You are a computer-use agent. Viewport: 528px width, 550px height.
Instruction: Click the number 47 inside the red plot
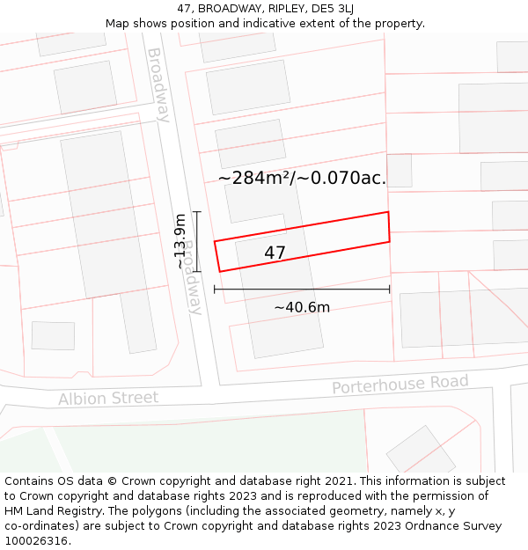click(x=275, y=253)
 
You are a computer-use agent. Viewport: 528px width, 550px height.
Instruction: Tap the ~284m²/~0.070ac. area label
click(x=302, y=179)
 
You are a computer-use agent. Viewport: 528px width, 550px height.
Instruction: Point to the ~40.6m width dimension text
click(x=302, y=307)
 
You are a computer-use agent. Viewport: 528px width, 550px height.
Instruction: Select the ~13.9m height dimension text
click(x=180, y=241)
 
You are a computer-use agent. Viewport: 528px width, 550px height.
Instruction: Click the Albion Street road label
click(x=108, y=399)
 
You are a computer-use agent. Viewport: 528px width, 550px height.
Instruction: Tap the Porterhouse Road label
click(x=400, y=385)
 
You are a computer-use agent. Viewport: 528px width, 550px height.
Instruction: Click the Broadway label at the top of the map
click(x=158, y=84)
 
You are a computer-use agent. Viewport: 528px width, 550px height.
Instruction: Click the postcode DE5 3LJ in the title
click(x=330, y=8)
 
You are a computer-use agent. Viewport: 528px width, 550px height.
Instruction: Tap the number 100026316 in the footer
click(x=35, y=541)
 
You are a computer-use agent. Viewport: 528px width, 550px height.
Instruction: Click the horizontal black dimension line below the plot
click(x=302, y=289)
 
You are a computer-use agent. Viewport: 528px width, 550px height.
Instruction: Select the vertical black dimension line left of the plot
click(x=197, y=241)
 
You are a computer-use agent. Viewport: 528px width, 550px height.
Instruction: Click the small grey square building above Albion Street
click(x=53, y=335)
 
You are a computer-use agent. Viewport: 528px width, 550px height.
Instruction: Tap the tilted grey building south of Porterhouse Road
click(x=421, y=451)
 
